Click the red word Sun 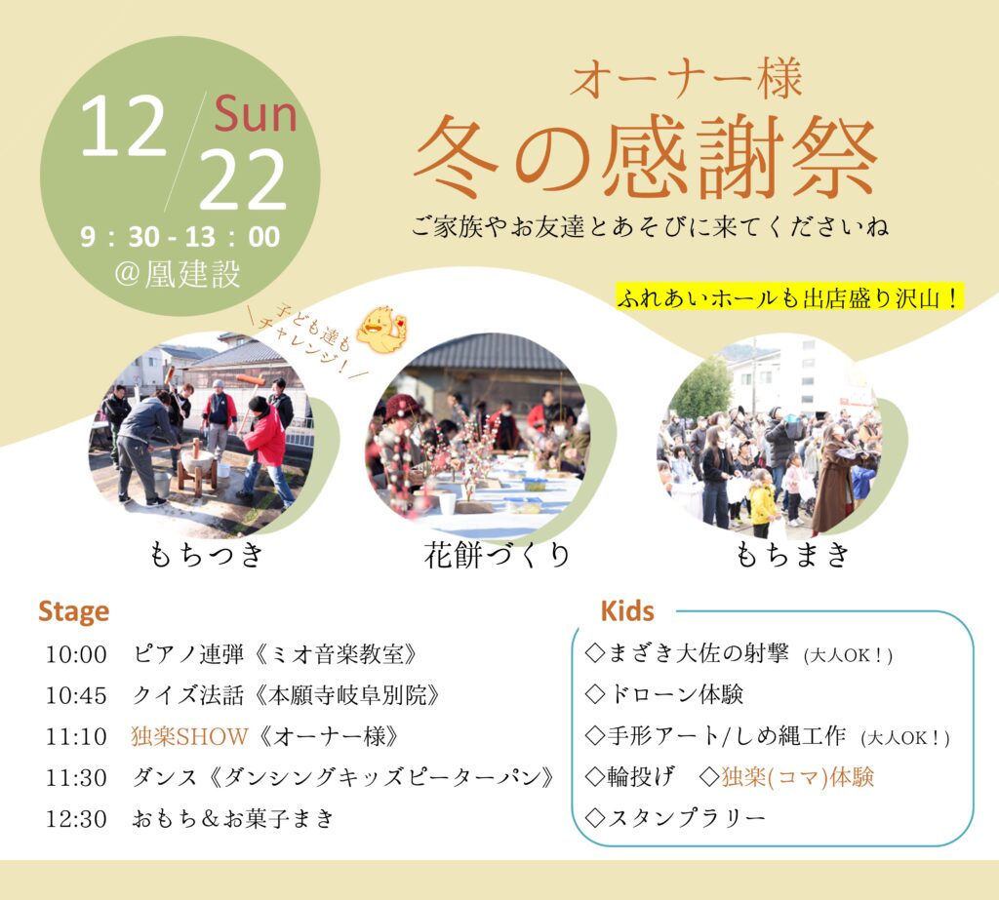point(256,115)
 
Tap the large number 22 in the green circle point(243,180)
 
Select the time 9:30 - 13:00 point(180,237)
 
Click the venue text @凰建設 point(178,275)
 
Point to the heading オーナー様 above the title point(686,79)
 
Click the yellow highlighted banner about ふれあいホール point(789,298)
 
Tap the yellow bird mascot point(382,330)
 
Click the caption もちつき point(206,554)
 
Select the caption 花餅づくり point(497,555)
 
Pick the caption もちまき point(792,554)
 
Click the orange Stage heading point(74,612)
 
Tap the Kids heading point(627,611)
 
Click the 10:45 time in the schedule point(76,695)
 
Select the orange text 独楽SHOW point(189,736)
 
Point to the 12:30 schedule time point(76,819)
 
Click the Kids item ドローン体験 point(664,694)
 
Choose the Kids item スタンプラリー point(675,818)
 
